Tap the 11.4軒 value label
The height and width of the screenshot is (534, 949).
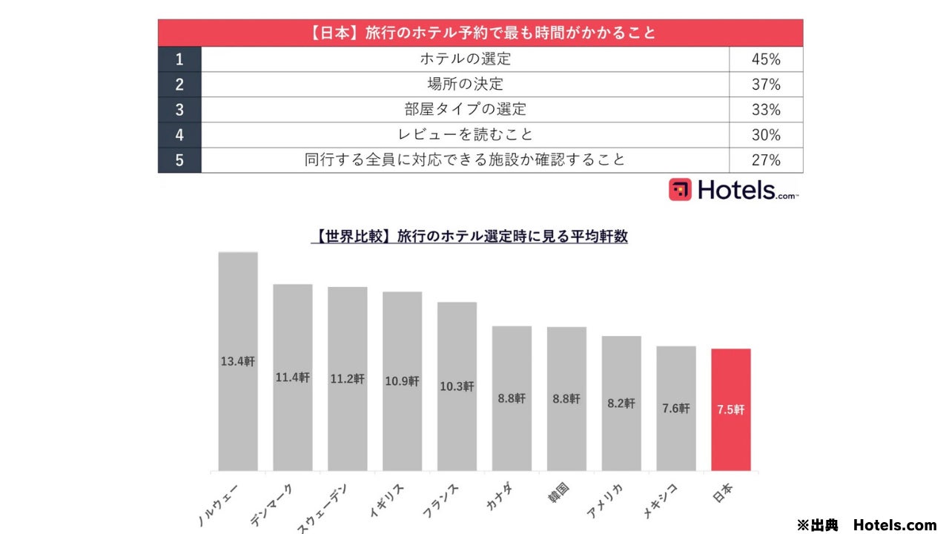293,378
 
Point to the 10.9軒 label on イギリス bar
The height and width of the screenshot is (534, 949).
402,381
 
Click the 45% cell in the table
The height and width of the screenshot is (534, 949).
766,59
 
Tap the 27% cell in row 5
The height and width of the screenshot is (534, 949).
766,160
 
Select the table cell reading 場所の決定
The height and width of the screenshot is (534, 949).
465,85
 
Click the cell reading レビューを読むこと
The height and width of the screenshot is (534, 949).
465,135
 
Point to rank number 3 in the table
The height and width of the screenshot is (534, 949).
179,110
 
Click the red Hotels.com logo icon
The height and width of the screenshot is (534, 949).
680,189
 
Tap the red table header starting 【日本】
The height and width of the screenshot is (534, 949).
480,33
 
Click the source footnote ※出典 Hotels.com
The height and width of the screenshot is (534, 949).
866,525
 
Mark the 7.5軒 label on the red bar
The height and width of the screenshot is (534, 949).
730,409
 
